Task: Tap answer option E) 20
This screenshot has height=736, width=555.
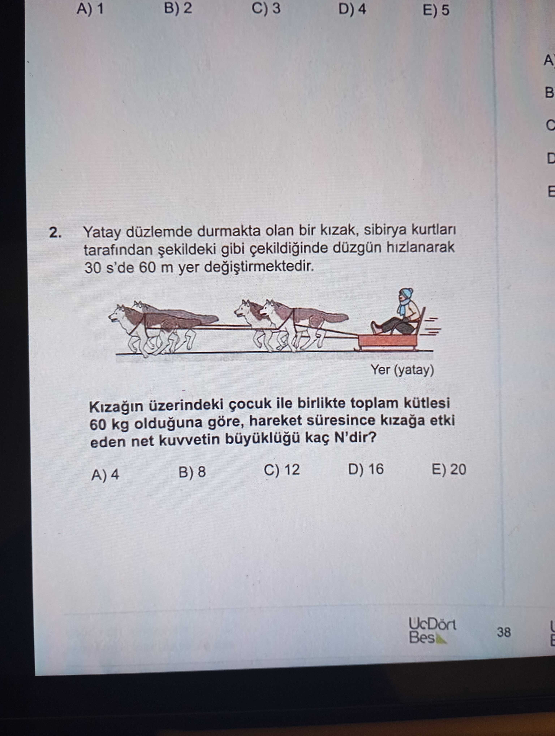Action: [x=449, y=469]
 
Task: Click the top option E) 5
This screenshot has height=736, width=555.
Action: [x=436, y=10]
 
